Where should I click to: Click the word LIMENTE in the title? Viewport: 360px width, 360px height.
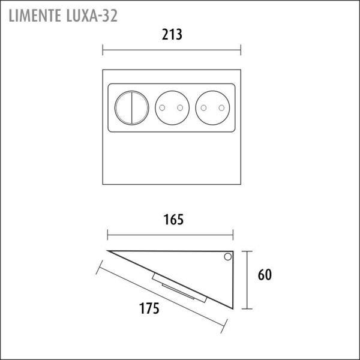point(35,16)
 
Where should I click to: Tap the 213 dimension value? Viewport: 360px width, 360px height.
point(172,35)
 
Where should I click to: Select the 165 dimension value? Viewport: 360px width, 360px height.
point(173,220)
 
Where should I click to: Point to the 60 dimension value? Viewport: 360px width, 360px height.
point(265,275)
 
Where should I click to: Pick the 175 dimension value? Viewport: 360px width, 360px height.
point(149,308)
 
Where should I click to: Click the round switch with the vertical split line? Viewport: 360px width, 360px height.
point(132,108)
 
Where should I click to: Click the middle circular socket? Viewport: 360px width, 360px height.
point(172,108)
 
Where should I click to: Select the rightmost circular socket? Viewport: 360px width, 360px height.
point(212,108)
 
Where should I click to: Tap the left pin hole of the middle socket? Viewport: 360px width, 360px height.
point(162,107)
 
